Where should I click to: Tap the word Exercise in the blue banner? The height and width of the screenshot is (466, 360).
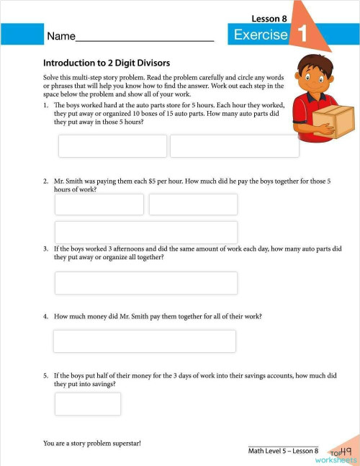[261, 35]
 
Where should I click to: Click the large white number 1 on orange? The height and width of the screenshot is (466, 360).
[302, 33]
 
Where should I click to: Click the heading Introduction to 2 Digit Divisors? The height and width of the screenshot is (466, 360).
[106, 63]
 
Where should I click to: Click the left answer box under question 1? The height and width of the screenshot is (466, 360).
[112, 145]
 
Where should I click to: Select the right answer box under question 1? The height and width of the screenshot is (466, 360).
[234, 145]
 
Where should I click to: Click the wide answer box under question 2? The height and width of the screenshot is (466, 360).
[145, 232]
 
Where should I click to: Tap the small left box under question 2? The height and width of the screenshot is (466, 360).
[99, 205]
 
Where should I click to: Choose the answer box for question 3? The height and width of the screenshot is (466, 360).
[145, 282]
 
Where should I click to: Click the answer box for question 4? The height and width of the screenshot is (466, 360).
[145, 341]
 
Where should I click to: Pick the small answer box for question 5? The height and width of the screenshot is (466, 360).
[88, 403]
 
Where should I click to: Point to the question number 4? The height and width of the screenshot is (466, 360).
[45, 316]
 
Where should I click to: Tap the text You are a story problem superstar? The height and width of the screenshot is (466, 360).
[91, 443]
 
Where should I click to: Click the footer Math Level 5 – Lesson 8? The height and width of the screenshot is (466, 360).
[283, 451]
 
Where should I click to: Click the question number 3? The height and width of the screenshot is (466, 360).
[45, 248]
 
